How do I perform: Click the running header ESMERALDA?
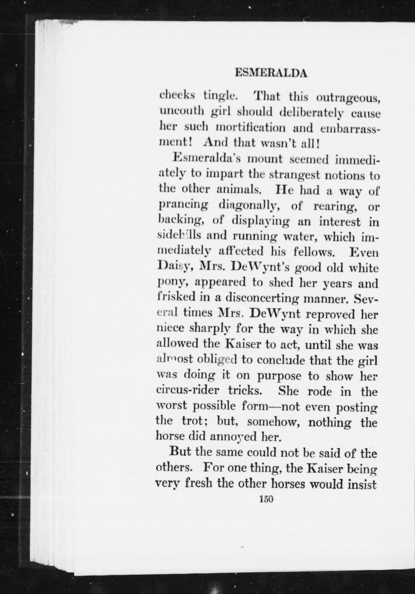tap(271, 74)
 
